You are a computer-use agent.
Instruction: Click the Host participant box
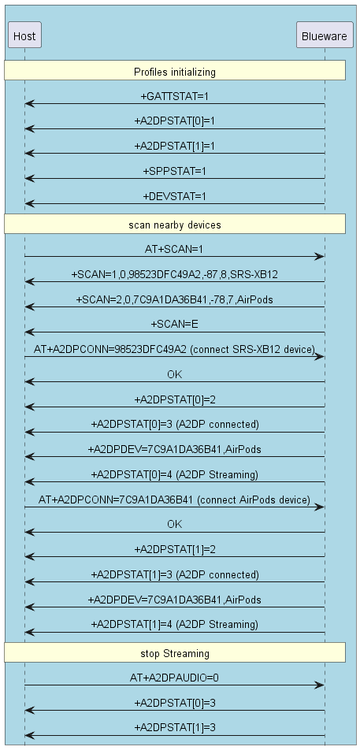pos(24,35)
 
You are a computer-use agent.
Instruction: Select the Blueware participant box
pos(325,35)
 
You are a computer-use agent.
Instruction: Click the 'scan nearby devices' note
pos(175,224)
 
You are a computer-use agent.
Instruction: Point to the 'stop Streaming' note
pos(175,652)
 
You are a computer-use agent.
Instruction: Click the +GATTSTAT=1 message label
pos(174,97)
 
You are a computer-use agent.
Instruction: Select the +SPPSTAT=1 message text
pos(174,171)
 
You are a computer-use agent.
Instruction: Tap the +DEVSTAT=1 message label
pos(174,197)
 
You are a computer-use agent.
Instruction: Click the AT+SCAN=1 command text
pos(174,250)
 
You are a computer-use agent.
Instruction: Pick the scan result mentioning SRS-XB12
pos(174,274)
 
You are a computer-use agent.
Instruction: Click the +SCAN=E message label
pos(174,325)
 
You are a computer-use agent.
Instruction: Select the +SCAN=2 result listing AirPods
pos(174,299)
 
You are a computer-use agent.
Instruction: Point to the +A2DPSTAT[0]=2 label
pos(174,400)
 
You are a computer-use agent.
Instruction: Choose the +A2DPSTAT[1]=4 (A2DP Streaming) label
pos(174,625)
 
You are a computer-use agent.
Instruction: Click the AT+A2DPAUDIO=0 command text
pos(174,678)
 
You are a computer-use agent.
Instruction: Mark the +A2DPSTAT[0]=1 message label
pos(174,121)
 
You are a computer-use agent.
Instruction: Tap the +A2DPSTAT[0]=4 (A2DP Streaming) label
pos(174,475)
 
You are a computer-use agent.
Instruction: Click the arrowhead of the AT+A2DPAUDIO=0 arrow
pos(320,685)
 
